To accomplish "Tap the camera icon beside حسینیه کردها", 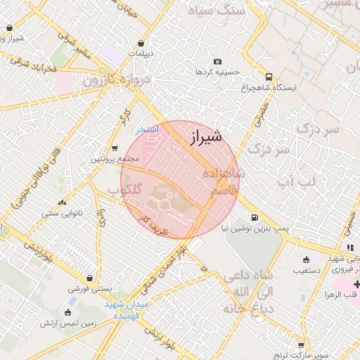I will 217,62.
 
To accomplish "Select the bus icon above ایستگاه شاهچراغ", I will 269,77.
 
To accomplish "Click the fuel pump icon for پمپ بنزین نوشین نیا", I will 254,218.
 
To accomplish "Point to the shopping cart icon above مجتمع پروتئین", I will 115,148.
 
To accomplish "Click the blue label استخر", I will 148,130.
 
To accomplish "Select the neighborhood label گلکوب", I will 125,191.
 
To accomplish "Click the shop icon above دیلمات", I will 143,42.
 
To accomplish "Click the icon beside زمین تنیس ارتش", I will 67,312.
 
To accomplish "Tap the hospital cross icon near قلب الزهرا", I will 357,284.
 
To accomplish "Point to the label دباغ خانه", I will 238,309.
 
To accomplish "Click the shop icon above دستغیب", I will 305,259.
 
